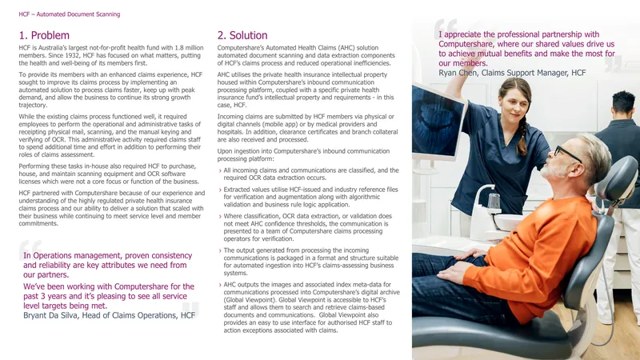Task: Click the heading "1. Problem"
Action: (44, 35)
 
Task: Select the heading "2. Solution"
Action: (242, 35)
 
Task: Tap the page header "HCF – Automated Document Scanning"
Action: (70, 14)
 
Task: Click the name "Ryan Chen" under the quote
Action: (457, 73)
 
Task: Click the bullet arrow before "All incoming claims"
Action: (220, 171)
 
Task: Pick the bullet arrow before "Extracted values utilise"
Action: (220, 190)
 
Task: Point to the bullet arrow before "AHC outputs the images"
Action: (220, 286)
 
